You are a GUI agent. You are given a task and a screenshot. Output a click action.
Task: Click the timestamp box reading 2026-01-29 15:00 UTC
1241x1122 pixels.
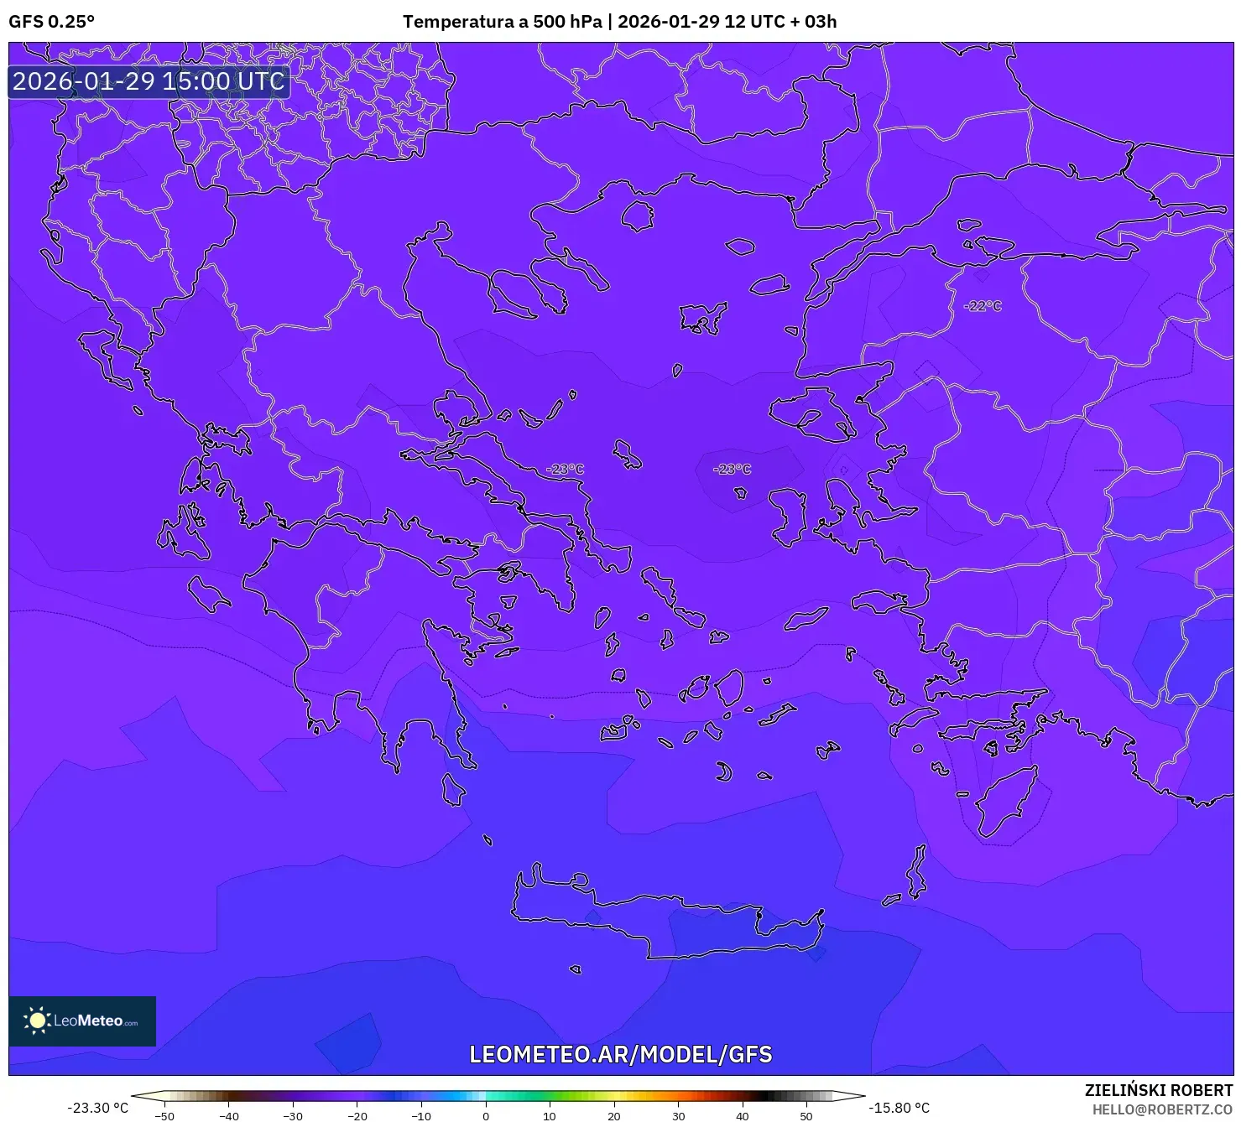pyautogui.click(x=149, y=81)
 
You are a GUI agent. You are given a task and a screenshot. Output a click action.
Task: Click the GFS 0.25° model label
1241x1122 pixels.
pyautogui.click(x=51, y=22)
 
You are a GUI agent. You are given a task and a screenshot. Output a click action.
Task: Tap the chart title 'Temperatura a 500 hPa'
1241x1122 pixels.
pyautogui.click(x=502, y=22)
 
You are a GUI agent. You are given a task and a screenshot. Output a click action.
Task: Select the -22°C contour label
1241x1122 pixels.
pyautogui.click(x=983, y=306)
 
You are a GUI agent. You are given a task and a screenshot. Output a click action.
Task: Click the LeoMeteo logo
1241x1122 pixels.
pyautogui.click(x=82, y=1021)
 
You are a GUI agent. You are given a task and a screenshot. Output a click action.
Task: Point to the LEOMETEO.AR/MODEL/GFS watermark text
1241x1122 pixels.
pyautogui.click(x=620, y=1054)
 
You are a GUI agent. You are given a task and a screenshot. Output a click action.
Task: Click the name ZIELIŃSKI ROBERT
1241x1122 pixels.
pyautogui.click(x=1158, y=1090)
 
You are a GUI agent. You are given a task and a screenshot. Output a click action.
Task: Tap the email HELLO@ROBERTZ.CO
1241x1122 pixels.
pyautogui.click(x=1161, y=1109)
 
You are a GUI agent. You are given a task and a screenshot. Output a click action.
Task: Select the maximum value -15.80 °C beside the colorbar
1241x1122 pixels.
pyautogui.click(x=899, y=1108)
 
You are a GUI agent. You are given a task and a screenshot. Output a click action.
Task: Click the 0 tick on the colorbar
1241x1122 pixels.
pyautogui.click(x=486, y=1115)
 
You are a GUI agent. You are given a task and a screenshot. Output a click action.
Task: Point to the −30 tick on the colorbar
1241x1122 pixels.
pyautogui.click(x=293, y=1115)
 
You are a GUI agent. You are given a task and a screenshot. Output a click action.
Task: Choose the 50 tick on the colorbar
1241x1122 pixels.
pyautogui.click(x=806, y=1115)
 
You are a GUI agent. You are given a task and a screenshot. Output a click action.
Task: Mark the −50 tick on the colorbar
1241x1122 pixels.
pyautogui.click(x=164, y=1115)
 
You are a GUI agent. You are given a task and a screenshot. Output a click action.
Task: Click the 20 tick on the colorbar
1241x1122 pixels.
pyautogui.click(x=614, y=1115)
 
